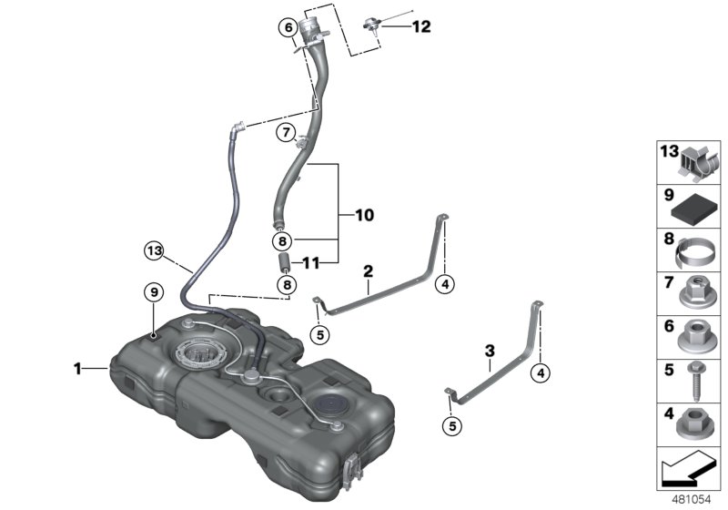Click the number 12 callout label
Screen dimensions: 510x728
tap(420, 26)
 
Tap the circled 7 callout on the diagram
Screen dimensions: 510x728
tap(286, 133)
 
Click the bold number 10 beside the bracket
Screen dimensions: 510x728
tap(364, 216)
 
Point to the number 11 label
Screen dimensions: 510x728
tap(311, 263)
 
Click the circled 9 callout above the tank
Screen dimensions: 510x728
tap(155, 291)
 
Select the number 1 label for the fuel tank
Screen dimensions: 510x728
tap(78, 368)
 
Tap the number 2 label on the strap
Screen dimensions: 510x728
tap(368, 270)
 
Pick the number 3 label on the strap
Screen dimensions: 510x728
tap(489, 350)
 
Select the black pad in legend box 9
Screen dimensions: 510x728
tap(693, 207)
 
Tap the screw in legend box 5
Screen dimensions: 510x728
tap(693, 379)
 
